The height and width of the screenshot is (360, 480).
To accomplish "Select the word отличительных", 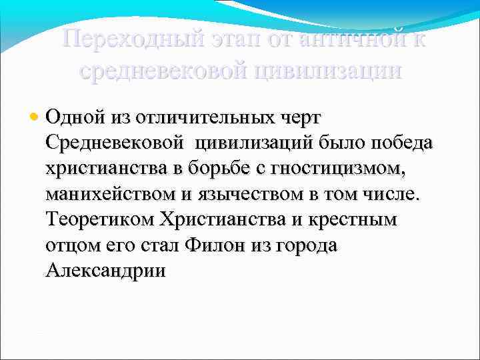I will coord(213,117).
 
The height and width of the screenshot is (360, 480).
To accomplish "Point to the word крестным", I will coord(359,220).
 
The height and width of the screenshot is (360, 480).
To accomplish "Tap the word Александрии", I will coord(106,270).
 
